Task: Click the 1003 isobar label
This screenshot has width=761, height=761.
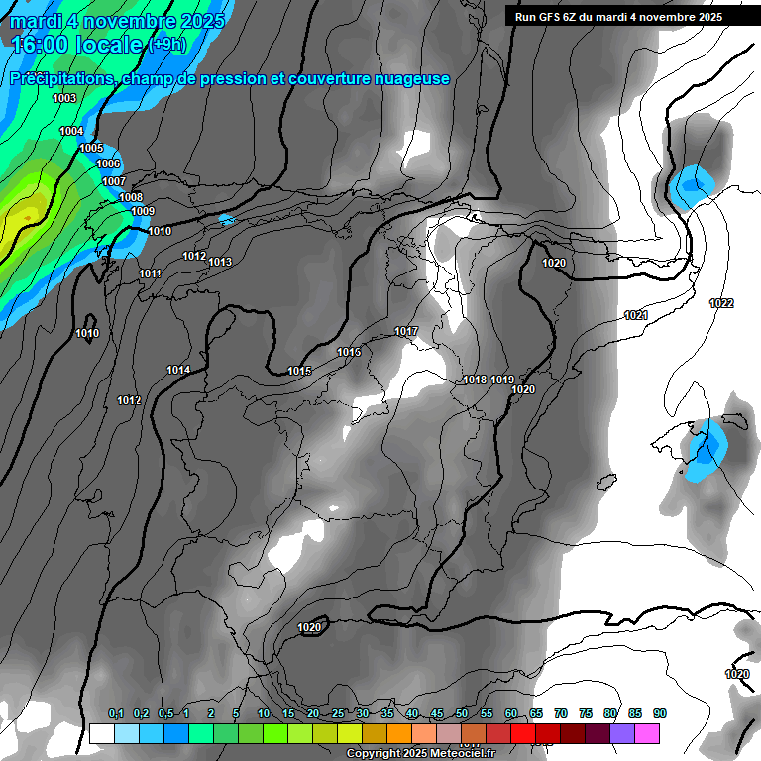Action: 64,98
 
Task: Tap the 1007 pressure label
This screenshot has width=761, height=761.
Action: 114,181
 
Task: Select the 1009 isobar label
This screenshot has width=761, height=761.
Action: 143,211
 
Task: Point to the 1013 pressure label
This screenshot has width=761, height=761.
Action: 220,262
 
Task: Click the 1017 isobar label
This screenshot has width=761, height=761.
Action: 406,331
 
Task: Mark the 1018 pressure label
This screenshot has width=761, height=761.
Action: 475,380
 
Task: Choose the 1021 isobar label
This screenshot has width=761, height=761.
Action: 636,315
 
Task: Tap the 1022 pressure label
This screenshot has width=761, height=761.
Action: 721,303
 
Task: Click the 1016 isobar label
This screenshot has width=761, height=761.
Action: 349,352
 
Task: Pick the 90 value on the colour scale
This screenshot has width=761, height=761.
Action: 660,713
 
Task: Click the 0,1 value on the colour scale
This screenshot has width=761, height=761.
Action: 116,713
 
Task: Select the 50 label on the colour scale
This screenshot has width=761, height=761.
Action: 462,713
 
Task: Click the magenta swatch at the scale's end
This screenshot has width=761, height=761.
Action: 647,733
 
